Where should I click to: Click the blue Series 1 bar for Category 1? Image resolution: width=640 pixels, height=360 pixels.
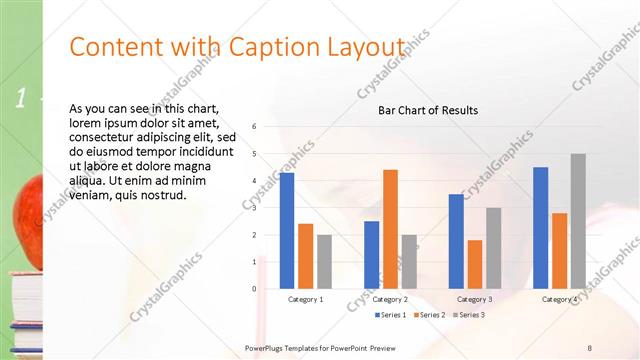[x=287, y=231]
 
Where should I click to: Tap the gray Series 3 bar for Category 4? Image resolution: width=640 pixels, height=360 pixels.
[x=578, y=221]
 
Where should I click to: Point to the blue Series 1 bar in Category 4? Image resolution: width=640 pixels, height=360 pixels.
[x=541, y=228]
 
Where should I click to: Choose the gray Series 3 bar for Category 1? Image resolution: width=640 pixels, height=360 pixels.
[x=324, y=262]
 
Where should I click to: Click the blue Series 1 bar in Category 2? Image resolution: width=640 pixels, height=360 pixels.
[x=371, y=255]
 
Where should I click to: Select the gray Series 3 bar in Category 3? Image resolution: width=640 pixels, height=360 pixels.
[x=493, y=248]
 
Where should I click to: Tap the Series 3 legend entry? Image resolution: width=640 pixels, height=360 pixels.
[x=471, y=316]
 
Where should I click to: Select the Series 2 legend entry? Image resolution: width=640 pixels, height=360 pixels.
[x=431, y=316]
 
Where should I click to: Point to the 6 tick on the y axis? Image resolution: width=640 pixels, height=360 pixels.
[x=255, y=127]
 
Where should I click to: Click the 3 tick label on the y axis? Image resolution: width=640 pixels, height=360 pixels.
[x=255, y=208]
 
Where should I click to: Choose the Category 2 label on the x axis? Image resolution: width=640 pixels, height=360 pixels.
[x=390, y=299]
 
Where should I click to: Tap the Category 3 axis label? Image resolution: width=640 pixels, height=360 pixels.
[x=474, y=299]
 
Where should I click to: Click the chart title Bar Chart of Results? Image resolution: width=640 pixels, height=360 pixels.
[x=427, y=110]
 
